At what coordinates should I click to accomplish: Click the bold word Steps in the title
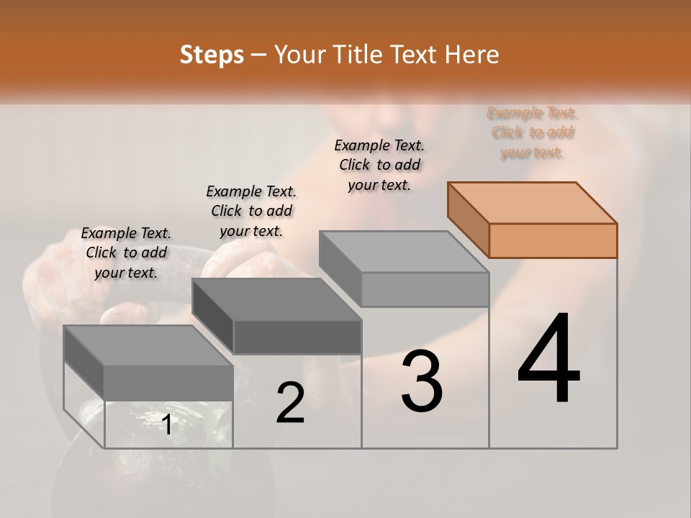tap(212, 55)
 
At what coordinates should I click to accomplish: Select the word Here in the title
tap(471, 55)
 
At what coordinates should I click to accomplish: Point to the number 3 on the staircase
tap(422, 381)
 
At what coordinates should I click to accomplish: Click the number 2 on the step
tap(290, 403)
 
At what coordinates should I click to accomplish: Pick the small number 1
tap(167, 424)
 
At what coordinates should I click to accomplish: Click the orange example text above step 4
tap(533, 133)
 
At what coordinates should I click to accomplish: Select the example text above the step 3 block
tap(379, 165)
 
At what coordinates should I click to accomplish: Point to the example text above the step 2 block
tap(251, 211)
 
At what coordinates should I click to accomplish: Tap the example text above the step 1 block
tap(126, 253)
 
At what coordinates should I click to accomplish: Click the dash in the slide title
tap(259, 55)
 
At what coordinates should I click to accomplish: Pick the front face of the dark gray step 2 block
tap(297, 337)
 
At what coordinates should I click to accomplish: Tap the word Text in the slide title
tap(416, 55)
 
